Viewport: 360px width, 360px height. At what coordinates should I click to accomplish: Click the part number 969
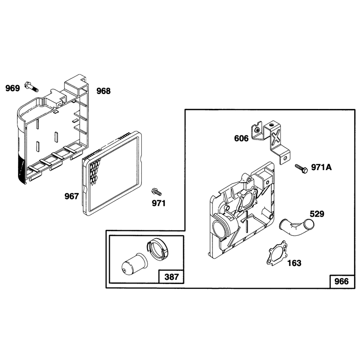point(13,88)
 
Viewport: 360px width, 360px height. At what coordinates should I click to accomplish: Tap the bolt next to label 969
point(31,86)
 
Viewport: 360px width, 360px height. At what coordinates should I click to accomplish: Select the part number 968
point(103,91)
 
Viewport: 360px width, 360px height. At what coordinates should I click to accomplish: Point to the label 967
point(72,196)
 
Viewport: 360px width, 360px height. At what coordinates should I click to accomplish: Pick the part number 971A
point(321,167)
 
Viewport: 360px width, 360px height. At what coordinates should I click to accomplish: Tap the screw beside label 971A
point(301,168)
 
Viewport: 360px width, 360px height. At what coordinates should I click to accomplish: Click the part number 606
point(241,139)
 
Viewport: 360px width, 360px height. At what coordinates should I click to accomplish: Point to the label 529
point(317,214)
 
